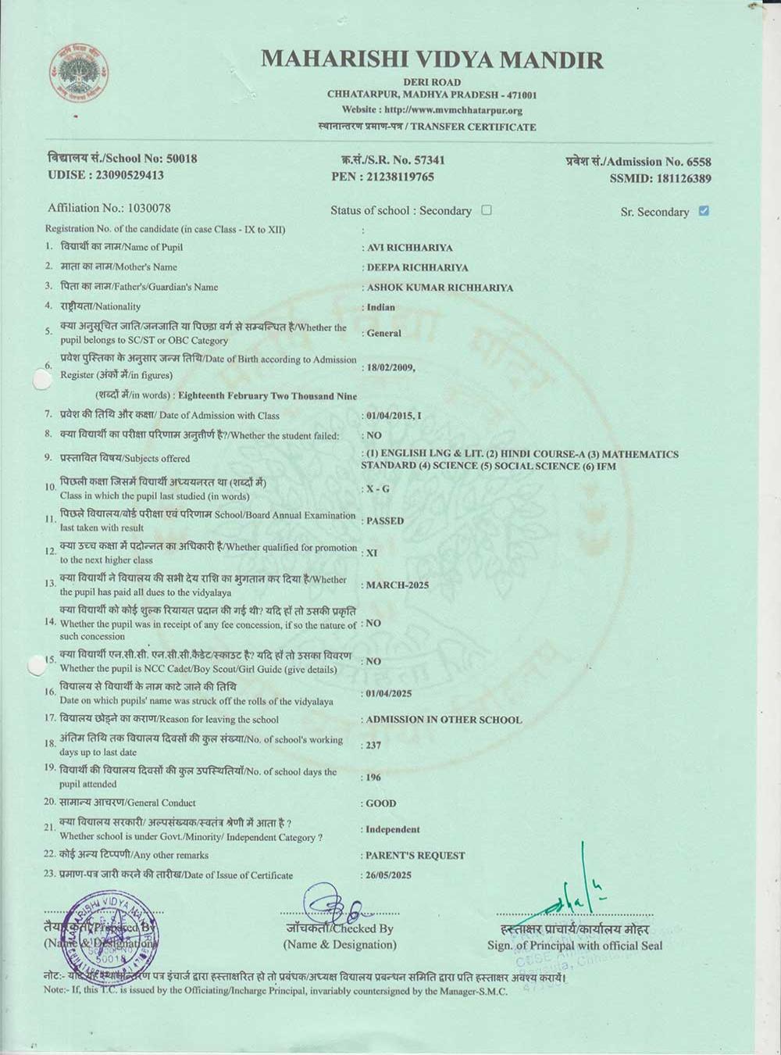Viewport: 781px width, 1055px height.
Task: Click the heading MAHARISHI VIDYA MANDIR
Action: coord(432,60)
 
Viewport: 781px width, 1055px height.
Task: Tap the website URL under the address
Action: coord(432,110)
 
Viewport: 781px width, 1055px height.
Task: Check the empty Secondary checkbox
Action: coord(487,210)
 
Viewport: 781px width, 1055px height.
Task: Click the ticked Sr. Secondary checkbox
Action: coord(704,211)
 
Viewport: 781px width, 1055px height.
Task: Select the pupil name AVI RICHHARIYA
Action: coord(410,248)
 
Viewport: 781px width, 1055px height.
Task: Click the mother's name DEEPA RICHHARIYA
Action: coord(417,267)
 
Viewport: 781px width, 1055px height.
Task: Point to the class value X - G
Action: coord(378,488)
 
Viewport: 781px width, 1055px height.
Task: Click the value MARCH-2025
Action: coord(398,585)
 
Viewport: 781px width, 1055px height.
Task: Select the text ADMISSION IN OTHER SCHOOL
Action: coord(444,720)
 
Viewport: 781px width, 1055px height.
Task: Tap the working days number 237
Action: coord(373,746)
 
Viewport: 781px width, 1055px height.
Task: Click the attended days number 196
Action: coord(373,778)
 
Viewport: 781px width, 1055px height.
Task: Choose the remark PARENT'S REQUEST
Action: coord(415,856)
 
